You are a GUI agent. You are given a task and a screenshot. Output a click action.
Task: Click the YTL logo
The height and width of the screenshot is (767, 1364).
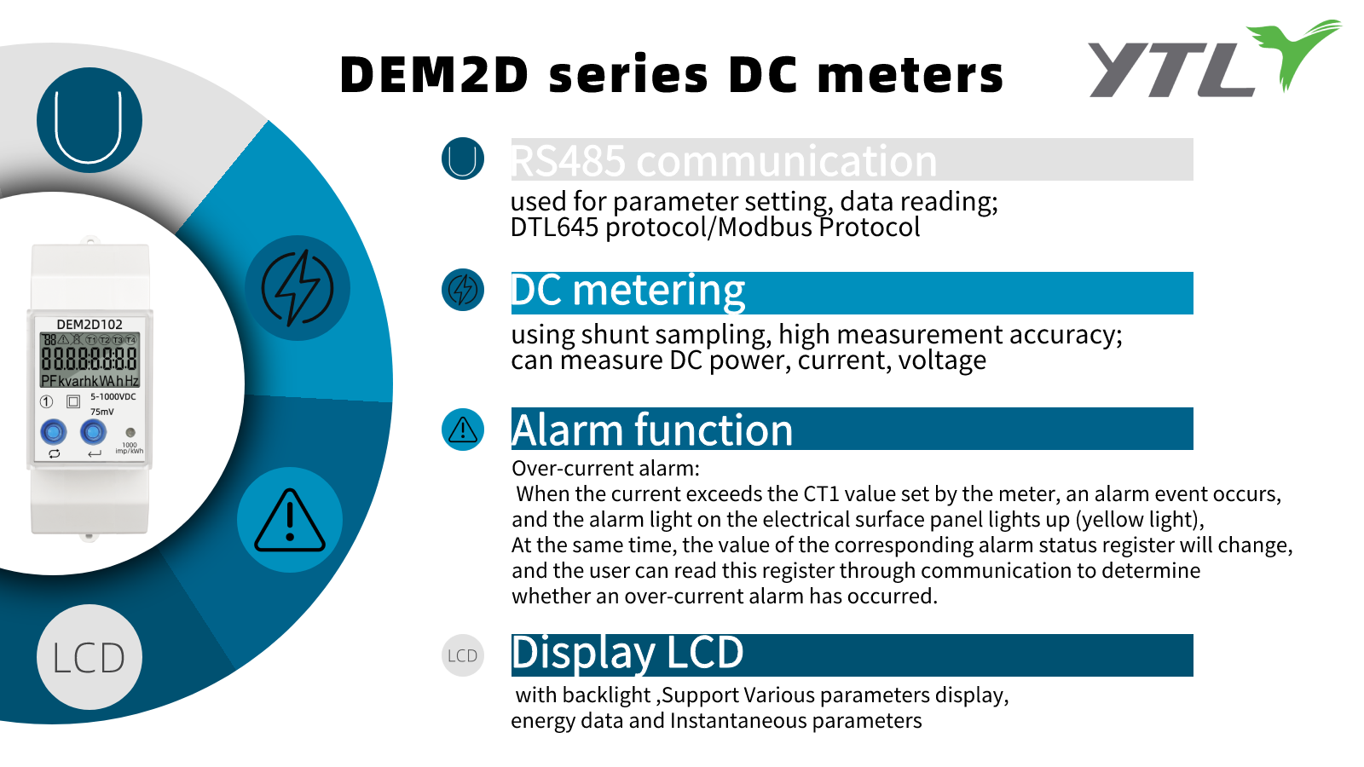pos(1211,60)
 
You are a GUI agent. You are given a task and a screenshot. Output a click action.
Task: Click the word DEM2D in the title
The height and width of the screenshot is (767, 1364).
pos(435,75)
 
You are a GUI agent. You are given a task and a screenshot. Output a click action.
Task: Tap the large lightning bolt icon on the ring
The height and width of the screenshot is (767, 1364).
pos(298,288)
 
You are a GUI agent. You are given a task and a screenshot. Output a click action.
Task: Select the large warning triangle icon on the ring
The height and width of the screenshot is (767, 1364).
pos(290,520)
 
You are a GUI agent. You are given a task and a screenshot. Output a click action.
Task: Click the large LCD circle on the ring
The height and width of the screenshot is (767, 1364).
pos(90,657)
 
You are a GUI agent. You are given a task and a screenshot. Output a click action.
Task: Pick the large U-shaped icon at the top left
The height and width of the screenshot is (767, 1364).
pos(89,120)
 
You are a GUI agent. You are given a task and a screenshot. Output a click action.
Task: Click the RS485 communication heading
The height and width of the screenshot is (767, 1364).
pos(724,160)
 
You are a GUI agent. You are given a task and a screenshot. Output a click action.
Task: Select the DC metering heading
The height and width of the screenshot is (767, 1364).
pos(628,291)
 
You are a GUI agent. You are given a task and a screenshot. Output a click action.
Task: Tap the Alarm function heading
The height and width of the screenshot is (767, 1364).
pos(652,430)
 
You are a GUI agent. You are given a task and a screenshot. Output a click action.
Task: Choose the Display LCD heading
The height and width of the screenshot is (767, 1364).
pos(627,654)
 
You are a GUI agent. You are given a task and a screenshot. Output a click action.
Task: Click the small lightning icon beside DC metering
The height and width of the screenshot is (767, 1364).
pos(463,290)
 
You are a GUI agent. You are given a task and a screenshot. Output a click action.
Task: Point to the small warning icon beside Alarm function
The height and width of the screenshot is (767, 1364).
pos(463,430)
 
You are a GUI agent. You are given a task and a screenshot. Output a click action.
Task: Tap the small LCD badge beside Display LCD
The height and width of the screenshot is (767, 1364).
pos(463,655)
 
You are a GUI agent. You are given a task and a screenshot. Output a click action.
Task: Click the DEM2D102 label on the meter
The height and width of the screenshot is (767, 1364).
pos(90,325)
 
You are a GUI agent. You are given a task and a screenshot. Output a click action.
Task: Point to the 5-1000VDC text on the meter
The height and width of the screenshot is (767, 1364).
pos(113,396)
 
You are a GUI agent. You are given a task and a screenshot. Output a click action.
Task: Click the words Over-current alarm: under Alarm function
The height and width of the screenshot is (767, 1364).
pos(605,468)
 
